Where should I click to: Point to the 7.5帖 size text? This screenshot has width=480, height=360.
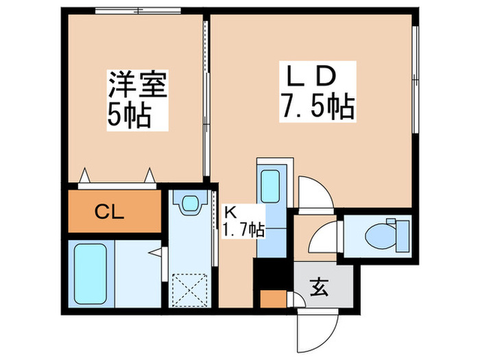pyautogui.click(x=316, y=106)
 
